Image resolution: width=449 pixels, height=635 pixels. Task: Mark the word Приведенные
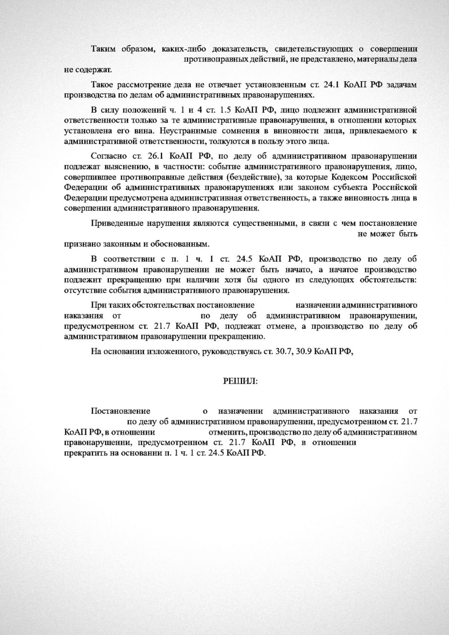coord(116,223)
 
